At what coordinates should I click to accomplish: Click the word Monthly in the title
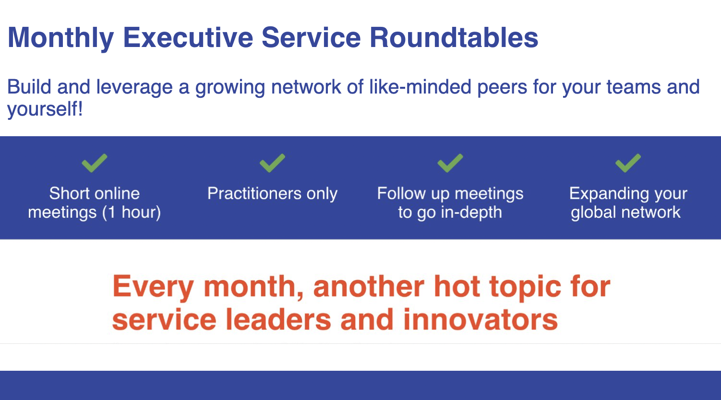click(x=60, y=38)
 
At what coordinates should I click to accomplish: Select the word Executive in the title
click(x=188, y=37)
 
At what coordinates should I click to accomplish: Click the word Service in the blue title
click(x=311, y=37)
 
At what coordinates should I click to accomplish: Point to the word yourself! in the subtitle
click(x=45, y=109)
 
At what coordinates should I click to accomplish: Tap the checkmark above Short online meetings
click(x=94, y=163)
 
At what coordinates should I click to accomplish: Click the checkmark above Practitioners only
click(x=272, y=163)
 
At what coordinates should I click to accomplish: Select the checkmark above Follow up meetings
click(x=450, y=163)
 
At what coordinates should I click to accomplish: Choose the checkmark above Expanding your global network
click(x=628, y=163)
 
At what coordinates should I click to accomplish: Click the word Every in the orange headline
click(x=153, y=287)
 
